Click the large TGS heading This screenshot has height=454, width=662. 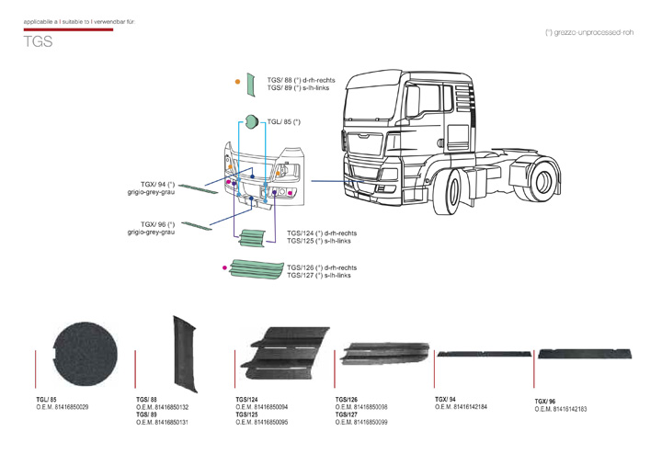pos(38,43)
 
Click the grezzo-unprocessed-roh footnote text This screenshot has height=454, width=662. pos(589,31)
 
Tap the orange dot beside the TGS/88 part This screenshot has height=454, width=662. pos(238,84)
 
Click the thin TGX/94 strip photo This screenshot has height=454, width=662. pos(481,353)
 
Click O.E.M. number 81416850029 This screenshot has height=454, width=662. pos(63,406)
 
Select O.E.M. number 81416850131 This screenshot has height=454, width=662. pos(162,422)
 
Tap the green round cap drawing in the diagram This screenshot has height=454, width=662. pos(250,121)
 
